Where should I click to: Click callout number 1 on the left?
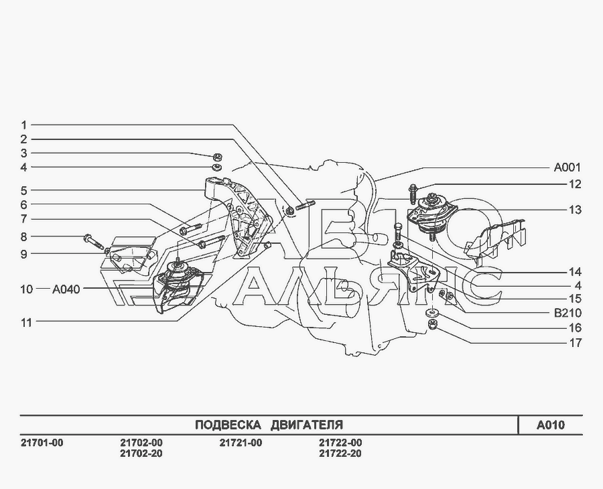tap(23, 125)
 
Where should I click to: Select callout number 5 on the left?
tap(23, 190)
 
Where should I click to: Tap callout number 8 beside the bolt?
tap(23, 236)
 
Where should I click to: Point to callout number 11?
tap(26, 322)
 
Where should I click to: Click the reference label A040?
tap(66, 289)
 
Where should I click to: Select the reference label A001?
tap(567, 167)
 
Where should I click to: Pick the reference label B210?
tap(567, 313)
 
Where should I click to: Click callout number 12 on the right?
tap(575, 184)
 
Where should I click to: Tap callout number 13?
tap(575, 210)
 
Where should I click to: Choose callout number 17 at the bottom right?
tap(575, 343)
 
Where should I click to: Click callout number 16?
tap(575, 328)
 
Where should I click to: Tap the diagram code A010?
tap(550, 425)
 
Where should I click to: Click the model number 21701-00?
tap(42, 443)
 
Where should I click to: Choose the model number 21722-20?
tap(340, 453)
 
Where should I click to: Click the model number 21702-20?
tap(141, 453)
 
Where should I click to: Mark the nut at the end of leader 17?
tap(433, 326)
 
